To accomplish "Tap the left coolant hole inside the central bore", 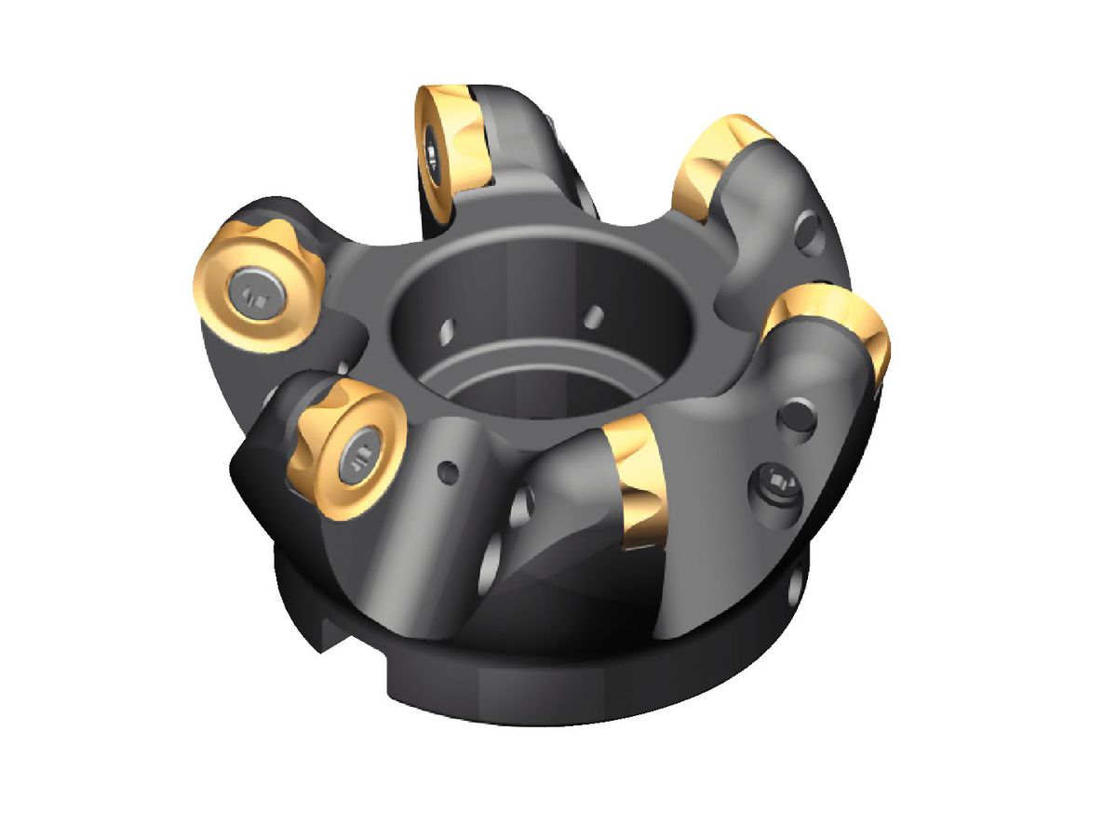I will coord(450,328).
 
